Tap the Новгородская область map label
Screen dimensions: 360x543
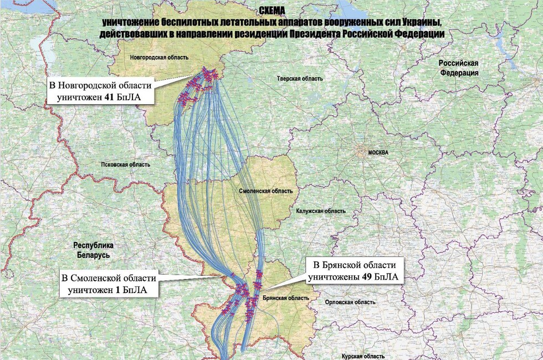[160, 58]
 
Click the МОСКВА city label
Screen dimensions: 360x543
[378, 152]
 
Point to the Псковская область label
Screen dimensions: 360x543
[126, 164]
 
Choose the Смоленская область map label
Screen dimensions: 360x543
[265, 191]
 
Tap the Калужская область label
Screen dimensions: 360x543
[321, 211]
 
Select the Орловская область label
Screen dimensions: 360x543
[350, 302]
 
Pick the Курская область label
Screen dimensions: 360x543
[363, 357]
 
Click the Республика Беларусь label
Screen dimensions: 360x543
[93, 250]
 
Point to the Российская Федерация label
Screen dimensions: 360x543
[458, 68]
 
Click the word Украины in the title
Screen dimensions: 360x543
[424, 22]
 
